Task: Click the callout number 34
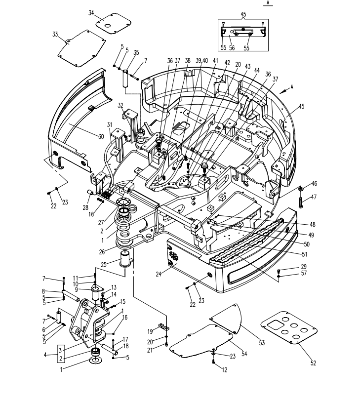(x=91, y=13)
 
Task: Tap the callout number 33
(x=55, y=34)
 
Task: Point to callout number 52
(x=313, y=363)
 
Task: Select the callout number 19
(x=150, y=331)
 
